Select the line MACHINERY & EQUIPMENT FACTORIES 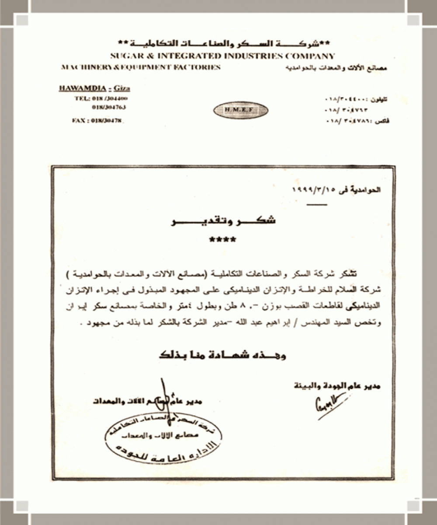[140, 67]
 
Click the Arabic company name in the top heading [227, 44]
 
